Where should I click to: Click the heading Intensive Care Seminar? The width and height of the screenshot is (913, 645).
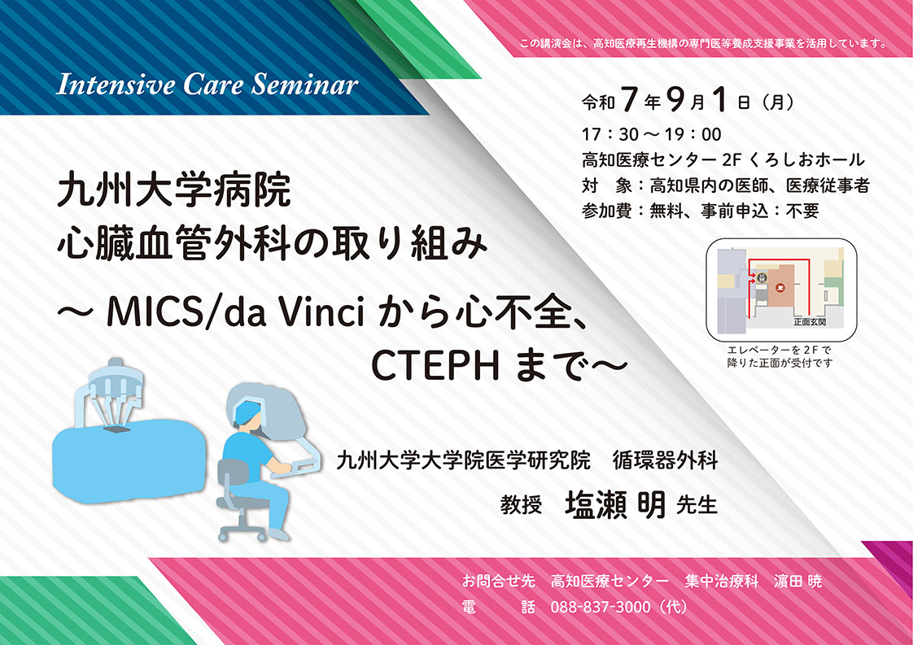(x=207, y=85)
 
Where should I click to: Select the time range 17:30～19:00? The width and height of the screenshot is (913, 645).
(x=652, y=134)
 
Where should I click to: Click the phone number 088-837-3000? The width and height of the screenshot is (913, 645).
(x=601, y=607)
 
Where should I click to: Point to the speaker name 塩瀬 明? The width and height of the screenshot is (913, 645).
(x=615, y=505)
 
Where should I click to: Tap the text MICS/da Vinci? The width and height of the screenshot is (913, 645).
(x=236, y=312)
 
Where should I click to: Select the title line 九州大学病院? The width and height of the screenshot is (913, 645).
(x=173, y=190)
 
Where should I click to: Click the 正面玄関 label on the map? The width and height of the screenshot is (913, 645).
(x=810, y=321)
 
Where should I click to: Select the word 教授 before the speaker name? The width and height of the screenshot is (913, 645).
(x=521, y=505)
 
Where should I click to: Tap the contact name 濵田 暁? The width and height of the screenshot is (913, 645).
(x=797, y=581)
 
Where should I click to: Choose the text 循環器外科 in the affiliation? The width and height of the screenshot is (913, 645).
(x=665, y=460)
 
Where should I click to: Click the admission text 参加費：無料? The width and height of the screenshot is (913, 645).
(x=633, y=211)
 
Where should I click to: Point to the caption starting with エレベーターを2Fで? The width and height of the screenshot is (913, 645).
(x=780, y=356)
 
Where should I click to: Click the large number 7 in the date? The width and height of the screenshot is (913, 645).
(x=628, y=99)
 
